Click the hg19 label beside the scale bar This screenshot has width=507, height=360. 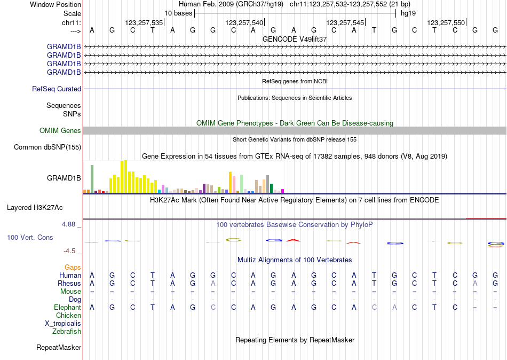(408, 13)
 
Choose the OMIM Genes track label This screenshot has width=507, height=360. (60, 131)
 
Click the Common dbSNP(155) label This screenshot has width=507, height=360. (47, 147)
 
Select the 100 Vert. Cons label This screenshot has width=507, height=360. (30, 237)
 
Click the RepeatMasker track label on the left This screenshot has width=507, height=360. (59, 348)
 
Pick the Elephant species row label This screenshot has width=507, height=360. (67, 308)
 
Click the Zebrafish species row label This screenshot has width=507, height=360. (67, 332)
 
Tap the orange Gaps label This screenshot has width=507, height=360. (73, 267)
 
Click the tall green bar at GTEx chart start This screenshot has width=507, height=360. (92, 179)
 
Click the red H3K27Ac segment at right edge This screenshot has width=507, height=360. (486, 218)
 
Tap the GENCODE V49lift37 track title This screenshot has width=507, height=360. (295, 39)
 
